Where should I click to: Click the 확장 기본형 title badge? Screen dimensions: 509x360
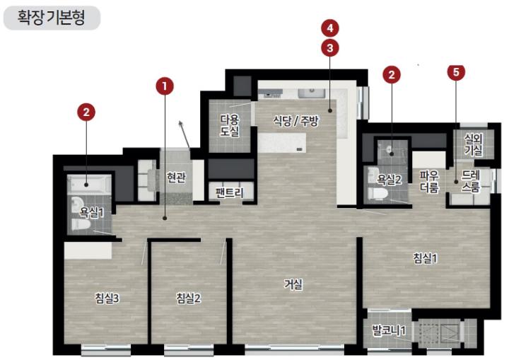tap(52, 18)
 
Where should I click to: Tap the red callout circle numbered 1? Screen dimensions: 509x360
tap(165, 86)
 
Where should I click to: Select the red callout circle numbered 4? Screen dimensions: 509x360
tap(330, 28)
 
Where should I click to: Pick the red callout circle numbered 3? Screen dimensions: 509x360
tap(330, 48)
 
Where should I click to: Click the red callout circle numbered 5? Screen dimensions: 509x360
tap(456, 72)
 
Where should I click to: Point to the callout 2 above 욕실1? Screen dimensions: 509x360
tap(86, 112)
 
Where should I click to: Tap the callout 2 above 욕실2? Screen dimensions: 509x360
tap(392, 75)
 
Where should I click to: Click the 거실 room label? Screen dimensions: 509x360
tap(293, 284)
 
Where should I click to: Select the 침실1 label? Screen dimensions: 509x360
tap(426, 258)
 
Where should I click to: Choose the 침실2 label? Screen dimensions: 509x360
tap(189, 298)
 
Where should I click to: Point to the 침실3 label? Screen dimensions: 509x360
tap(107, 298)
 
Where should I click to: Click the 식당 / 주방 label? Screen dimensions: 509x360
tap(296, 121)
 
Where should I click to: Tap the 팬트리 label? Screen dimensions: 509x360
tap(230, 193)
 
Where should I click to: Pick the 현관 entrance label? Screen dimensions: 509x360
tap(176, 178)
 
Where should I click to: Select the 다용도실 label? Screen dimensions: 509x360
tap(230, 125)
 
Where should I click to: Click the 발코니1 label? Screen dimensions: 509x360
tap(389, 331)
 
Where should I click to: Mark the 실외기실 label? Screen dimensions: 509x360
tap(473, 144)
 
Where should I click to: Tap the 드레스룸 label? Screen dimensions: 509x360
tap(471, 181)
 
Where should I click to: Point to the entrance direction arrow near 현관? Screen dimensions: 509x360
tap(185, 135)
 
